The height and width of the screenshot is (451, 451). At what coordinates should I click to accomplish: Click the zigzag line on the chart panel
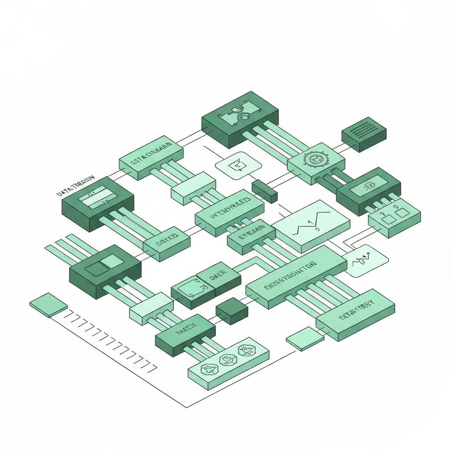point(313,223)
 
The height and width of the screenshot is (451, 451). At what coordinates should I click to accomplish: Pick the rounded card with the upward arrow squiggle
point(365,263)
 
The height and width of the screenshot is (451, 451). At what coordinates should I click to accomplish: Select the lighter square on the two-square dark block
point(112,261)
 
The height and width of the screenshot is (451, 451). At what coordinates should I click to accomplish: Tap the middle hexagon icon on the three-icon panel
point(228,361)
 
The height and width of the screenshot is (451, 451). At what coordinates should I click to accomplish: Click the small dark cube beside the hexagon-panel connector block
point(232,311)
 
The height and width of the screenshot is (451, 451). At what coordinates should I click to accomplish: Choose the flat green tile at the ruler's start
point(48,304)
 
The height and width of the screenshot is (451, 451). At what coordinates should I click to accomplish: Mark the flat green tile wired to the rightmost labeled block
point(305,339)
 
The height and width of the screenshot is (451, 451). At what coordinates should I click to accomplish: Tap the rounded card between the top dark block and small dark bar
point(238,166)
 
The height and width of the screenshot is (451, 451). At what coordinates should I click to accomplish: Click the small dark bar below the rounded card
point(264,191)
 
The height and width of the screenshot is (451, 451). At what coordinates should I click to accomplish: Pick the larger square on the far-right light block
point(402,213)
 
